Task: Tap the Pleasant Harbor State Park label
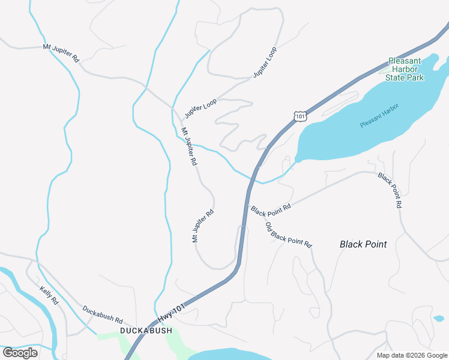(x=405, y=69)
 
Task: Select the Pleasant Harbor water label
(x=379, y=115)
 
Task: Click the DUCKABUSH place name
(x=146, y=331)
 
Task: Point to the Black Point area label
(x=363, y=244)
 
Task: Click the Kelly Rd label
(x=49, y=295)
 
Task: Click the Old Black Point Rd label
(x=289, y=235)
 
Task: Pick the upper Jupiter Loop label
(x=265, y=62)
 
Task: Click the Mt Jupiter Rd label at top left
(x=61, y=53)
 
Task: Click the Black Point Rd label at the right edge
(x=390, y=190)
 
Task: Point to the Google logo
(x=20, y=353)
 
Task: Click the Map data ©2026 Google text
(x=412, y=355)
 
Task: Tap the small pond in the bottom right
(x=439, y=318)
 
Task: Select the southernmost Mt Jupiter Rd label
(x=203, y=226)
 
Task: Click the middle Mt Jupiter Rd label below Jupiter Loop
(x=189, y=146)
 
